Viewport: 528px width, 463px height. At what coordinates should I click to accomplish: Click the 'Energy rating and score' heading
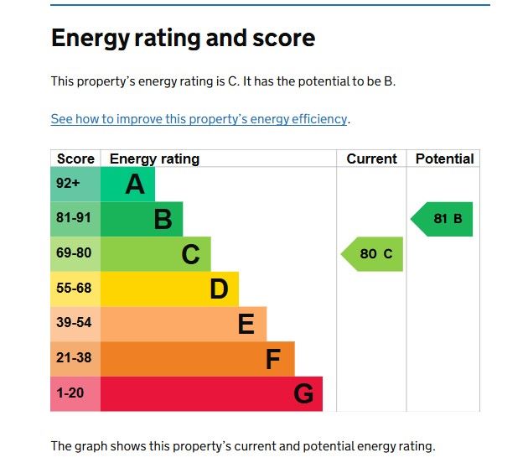pyautogui.click(x=183, y=38)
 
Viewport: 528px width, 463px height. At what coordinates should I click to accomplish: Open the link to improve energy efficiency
pyautogui.click(x=199, y=119)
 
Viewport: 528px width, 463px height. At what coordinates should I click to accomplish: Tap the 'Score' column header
pyautogui.click(x=75, y=159)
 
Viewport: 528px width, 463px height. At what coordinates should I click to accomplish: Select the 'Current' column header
pyautogui.click(x=371, y=159)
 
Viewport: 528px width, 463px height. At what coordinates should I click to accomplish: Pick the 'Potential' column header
pyautogui.click(x=444, y=159)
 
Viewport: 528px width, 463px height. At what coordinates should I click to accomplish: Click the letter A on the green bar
pyautogui.click(x=135, y=184)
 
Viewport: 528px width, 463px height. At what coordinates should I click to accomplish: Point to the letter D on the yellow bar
pyautogui.click(x=219, y=289)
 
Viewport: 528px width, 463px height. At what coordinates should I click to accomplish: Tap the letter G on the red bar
pyautogui.click(x=303, y=394)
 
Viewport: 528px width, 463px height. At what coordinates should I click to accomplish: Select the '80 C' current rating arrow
pyautogui.click(x=373, y=254)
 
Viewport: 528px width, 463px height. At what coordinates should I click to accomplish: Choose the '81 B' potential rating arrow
pyautogui.click(x=443, y=219)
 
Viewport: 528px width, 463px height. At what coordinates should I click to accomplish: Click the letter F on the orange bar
pyautogui.click(x=273, y=360)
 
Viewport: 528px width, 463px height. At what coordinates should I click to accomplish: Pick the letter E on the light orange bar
pyautogui.click(x=246, y=325)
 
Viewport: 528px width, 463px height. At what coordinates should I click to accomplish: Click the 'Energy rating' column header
pyautogui.click(x=154, y=159)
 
